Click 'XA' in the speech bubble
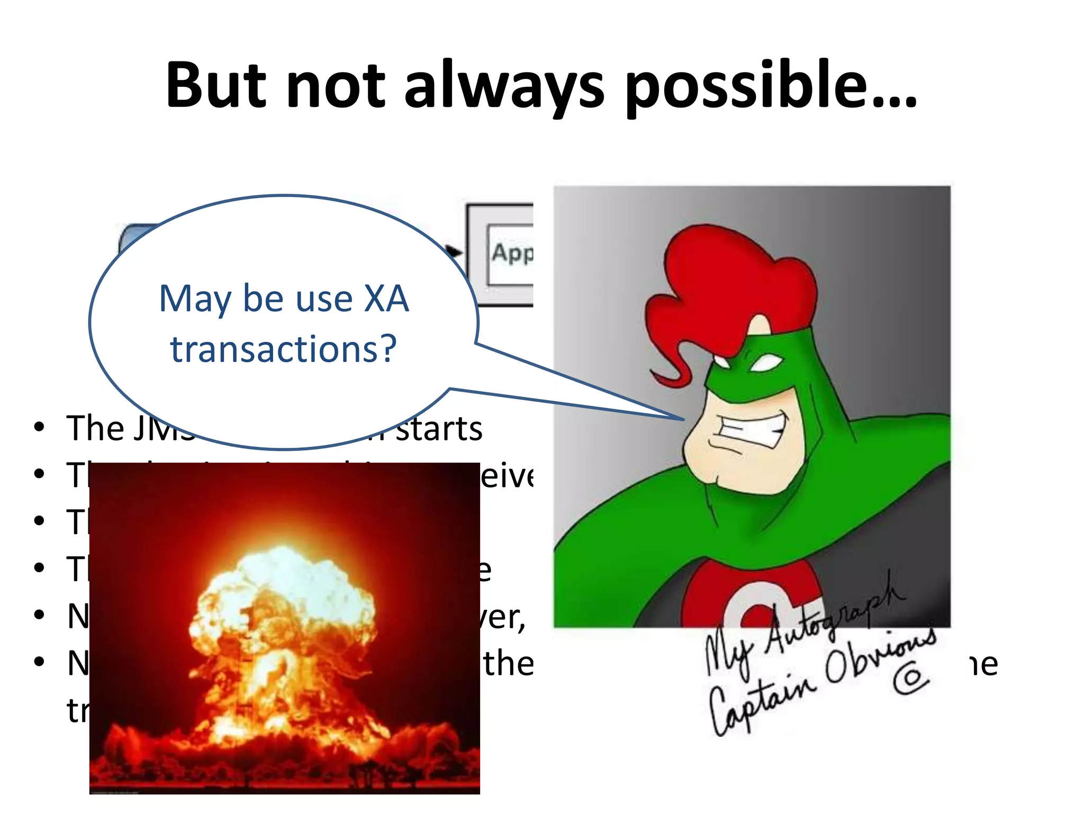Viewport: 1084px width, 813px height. coord(387,299)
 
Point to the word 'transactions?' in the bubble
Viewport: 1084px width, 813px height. coord(283,349)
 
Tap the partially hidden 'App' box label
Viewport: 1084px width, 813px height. coord(511,253)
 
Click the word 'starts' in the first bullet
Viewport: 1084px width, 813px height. coord(439,429)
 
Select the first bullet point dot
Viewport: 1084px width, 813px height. coord(39,427)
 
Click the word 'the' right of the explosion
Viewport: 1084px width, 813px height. coord(508,664)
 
